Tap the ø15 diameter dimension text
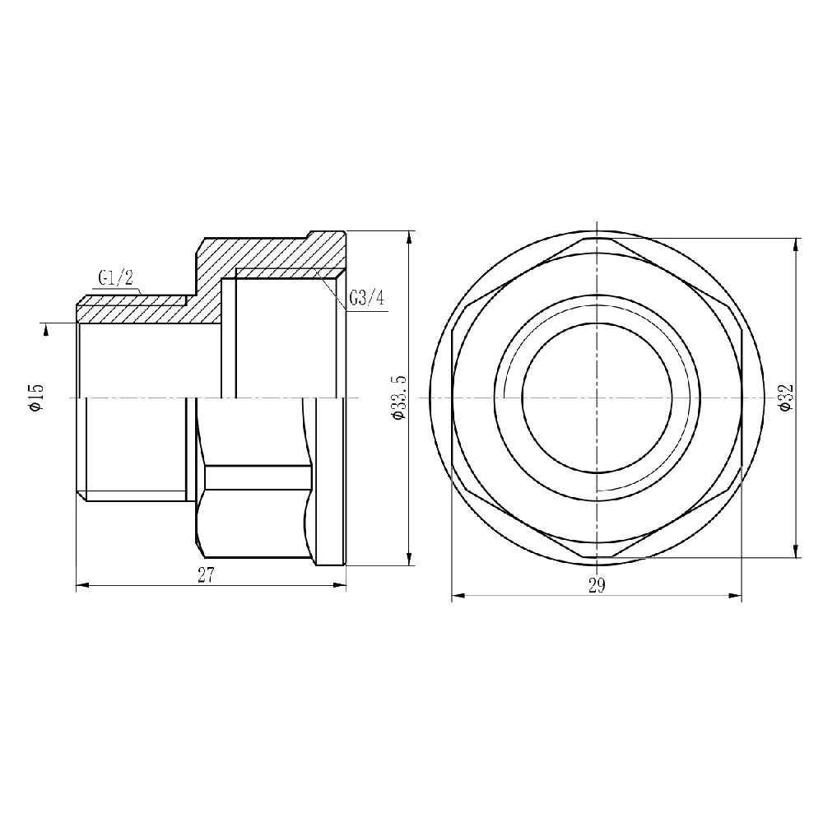pos(35,398)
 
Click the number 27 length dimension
pos(206,576)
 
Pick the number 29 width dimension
pos(597,586)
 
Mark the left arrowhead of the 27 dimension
pos(81,586)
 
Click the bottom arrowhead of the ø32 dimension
pos(795,552)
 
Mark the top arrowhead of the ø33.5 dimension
pos(410,238)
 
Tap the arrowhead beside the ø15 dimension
pos(46,328)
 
